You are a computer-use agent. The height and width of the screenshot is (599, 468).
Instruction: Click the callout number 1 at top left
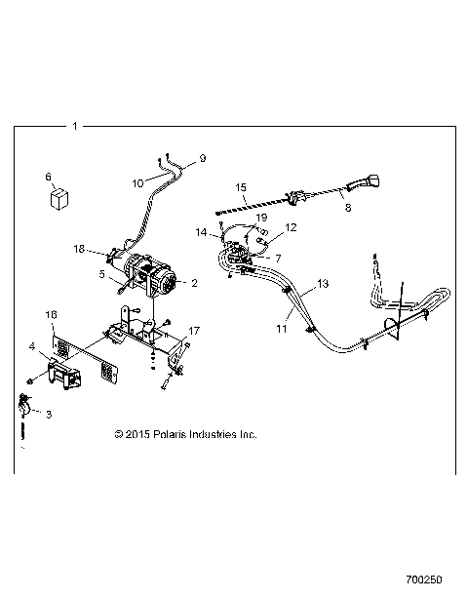(75, 126)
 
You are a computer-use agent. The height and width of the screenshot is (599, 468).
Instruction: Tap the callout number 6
(48, 177)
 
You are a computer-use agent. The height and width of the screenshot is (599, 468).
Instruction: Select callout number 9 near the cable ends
(203, 157)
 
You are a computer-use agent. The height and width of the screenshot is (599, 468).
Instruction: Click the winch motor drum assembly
(146, 275)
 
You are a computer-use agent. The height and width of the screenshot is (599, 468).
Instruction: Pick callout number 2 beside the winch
(194, 284)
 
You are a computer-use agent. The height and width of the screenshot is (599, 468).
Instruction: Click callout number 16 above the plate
(52, 315)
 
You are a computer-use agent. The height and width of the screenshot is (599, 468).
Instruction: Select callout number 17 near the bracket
(195, 330)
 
